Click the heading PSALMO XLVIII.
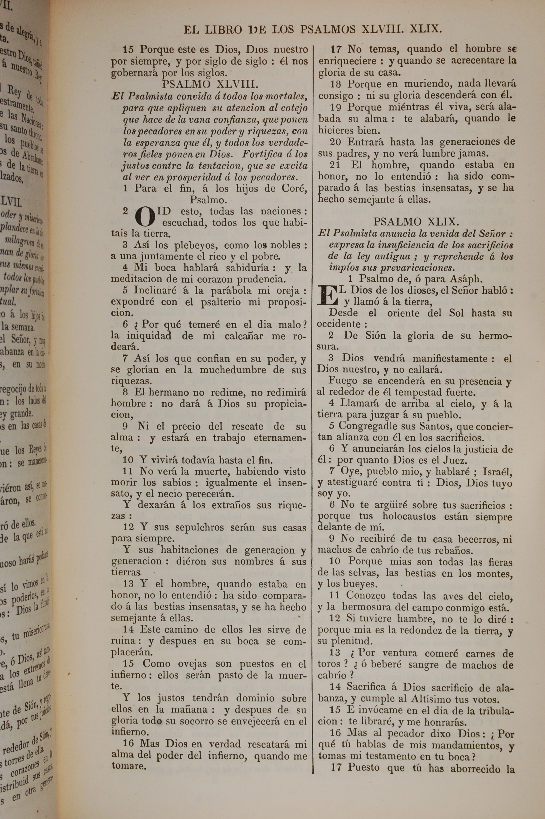pyautogui.click(x=210, y=84)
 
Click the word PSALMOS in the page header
pyautogui.click(x=328, y=29)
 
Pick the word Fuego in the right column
pyautogui.click(x=343, y=381)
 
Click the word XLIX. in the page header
pyautogui.click(x=425, y=29)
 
